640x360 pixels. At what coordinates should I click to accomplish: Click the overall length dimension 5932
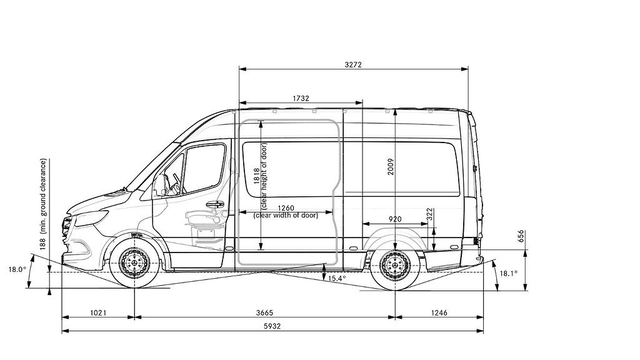coord(272,326)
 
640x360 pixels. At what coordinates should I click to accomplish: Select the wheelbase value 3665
coord(264,312)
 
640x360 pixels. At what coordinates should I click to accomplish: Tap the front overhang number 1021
coord(98,312)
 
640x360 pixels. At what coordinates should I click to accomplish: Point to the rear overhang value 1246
coord(439,312)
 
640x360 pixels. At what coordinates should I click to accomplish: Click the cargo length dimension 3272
coord(353,64)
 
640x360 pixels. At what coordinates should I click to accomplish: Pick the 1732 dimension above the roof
coord(301,98)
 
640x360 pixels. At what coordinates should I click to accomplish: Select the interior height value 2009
coord(391,167)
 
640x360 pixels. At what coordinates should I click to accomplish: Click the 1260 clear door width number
coord(286,209)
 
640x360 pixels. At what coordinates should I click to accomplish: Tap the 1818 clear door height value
coord(257,176)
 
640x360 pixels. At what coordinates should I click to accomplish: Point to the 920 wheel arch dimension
coord(395,219)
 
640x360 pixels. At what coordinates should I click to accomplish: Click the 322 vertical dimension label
coord(429,215)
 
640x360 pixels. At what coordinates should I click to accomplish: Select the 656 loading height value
coord(521,236)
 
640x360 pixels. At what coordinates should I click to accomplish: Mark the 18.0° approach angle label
coord(17,269)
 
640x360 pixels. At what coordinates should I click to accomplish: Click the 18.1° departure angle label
coord(509,273)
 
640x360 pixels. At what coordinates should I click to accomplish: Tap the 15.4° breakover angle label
coord(337,278)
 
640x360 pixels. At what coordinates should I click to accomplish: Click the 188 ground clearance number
coord(43,243)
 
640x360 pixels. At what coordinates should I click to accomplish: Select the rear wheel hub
coord(395,266)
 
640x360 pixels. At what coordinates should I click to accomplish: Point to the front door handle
coord(215,204)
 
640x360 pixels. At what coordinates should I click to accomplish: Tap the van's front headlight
coord(92,217)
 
